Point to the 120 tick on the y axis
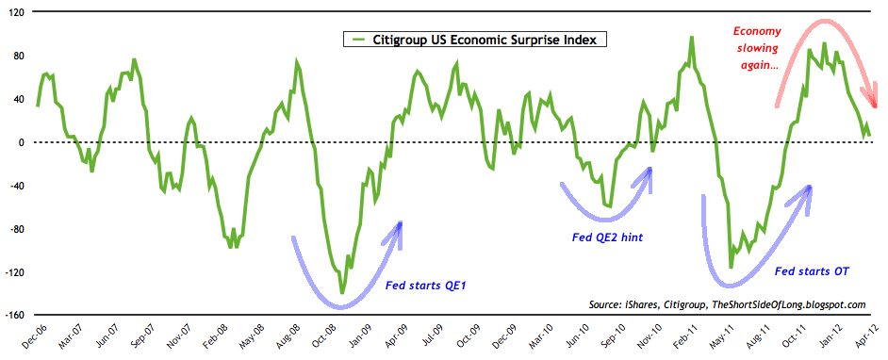click(16, 12)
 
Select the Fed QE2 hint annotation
click(608, 238)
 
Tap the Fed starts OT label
click(812, 271)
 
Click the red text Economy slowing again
click(756, 47)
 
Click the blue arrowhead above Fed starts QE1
click(401, 227)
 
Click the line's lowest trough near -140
click(341, 292)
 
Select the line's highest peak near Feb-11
click(692, 38)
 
